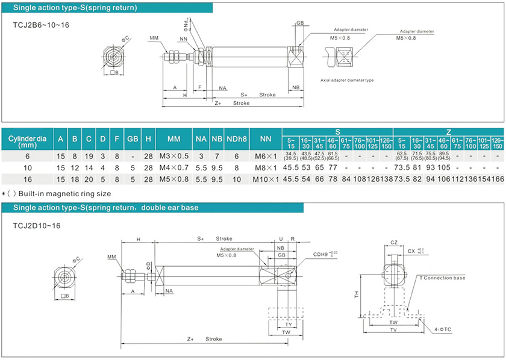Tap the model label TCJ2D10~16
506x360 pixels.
(x=36, y=226)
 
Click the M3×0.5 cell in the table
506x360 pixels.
(x=173, y=156)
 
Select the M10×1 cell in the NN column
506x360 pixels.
(x=265, y=179)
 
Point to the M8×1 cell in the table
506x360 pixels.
(x=265, y=167)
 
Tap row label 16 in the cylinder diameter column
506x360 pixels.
(x=28, y=179)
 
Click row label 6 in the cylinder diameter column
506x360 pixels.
(x=28, y=156)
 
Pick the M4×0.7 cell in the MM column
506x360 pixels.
(x=173, y=167)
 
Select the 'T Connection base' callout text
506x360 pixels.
(x=442, y=278)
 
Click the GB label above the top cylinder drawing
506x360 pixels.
(x=300, y=23)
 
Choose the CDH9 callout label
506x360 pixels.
(x=323, y=253)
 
